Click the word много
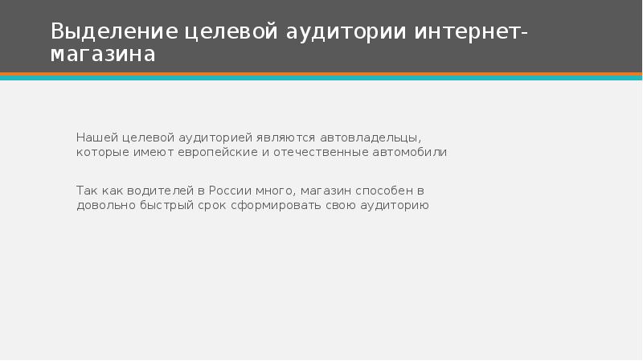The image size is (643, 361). click(x=277, y=191)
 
